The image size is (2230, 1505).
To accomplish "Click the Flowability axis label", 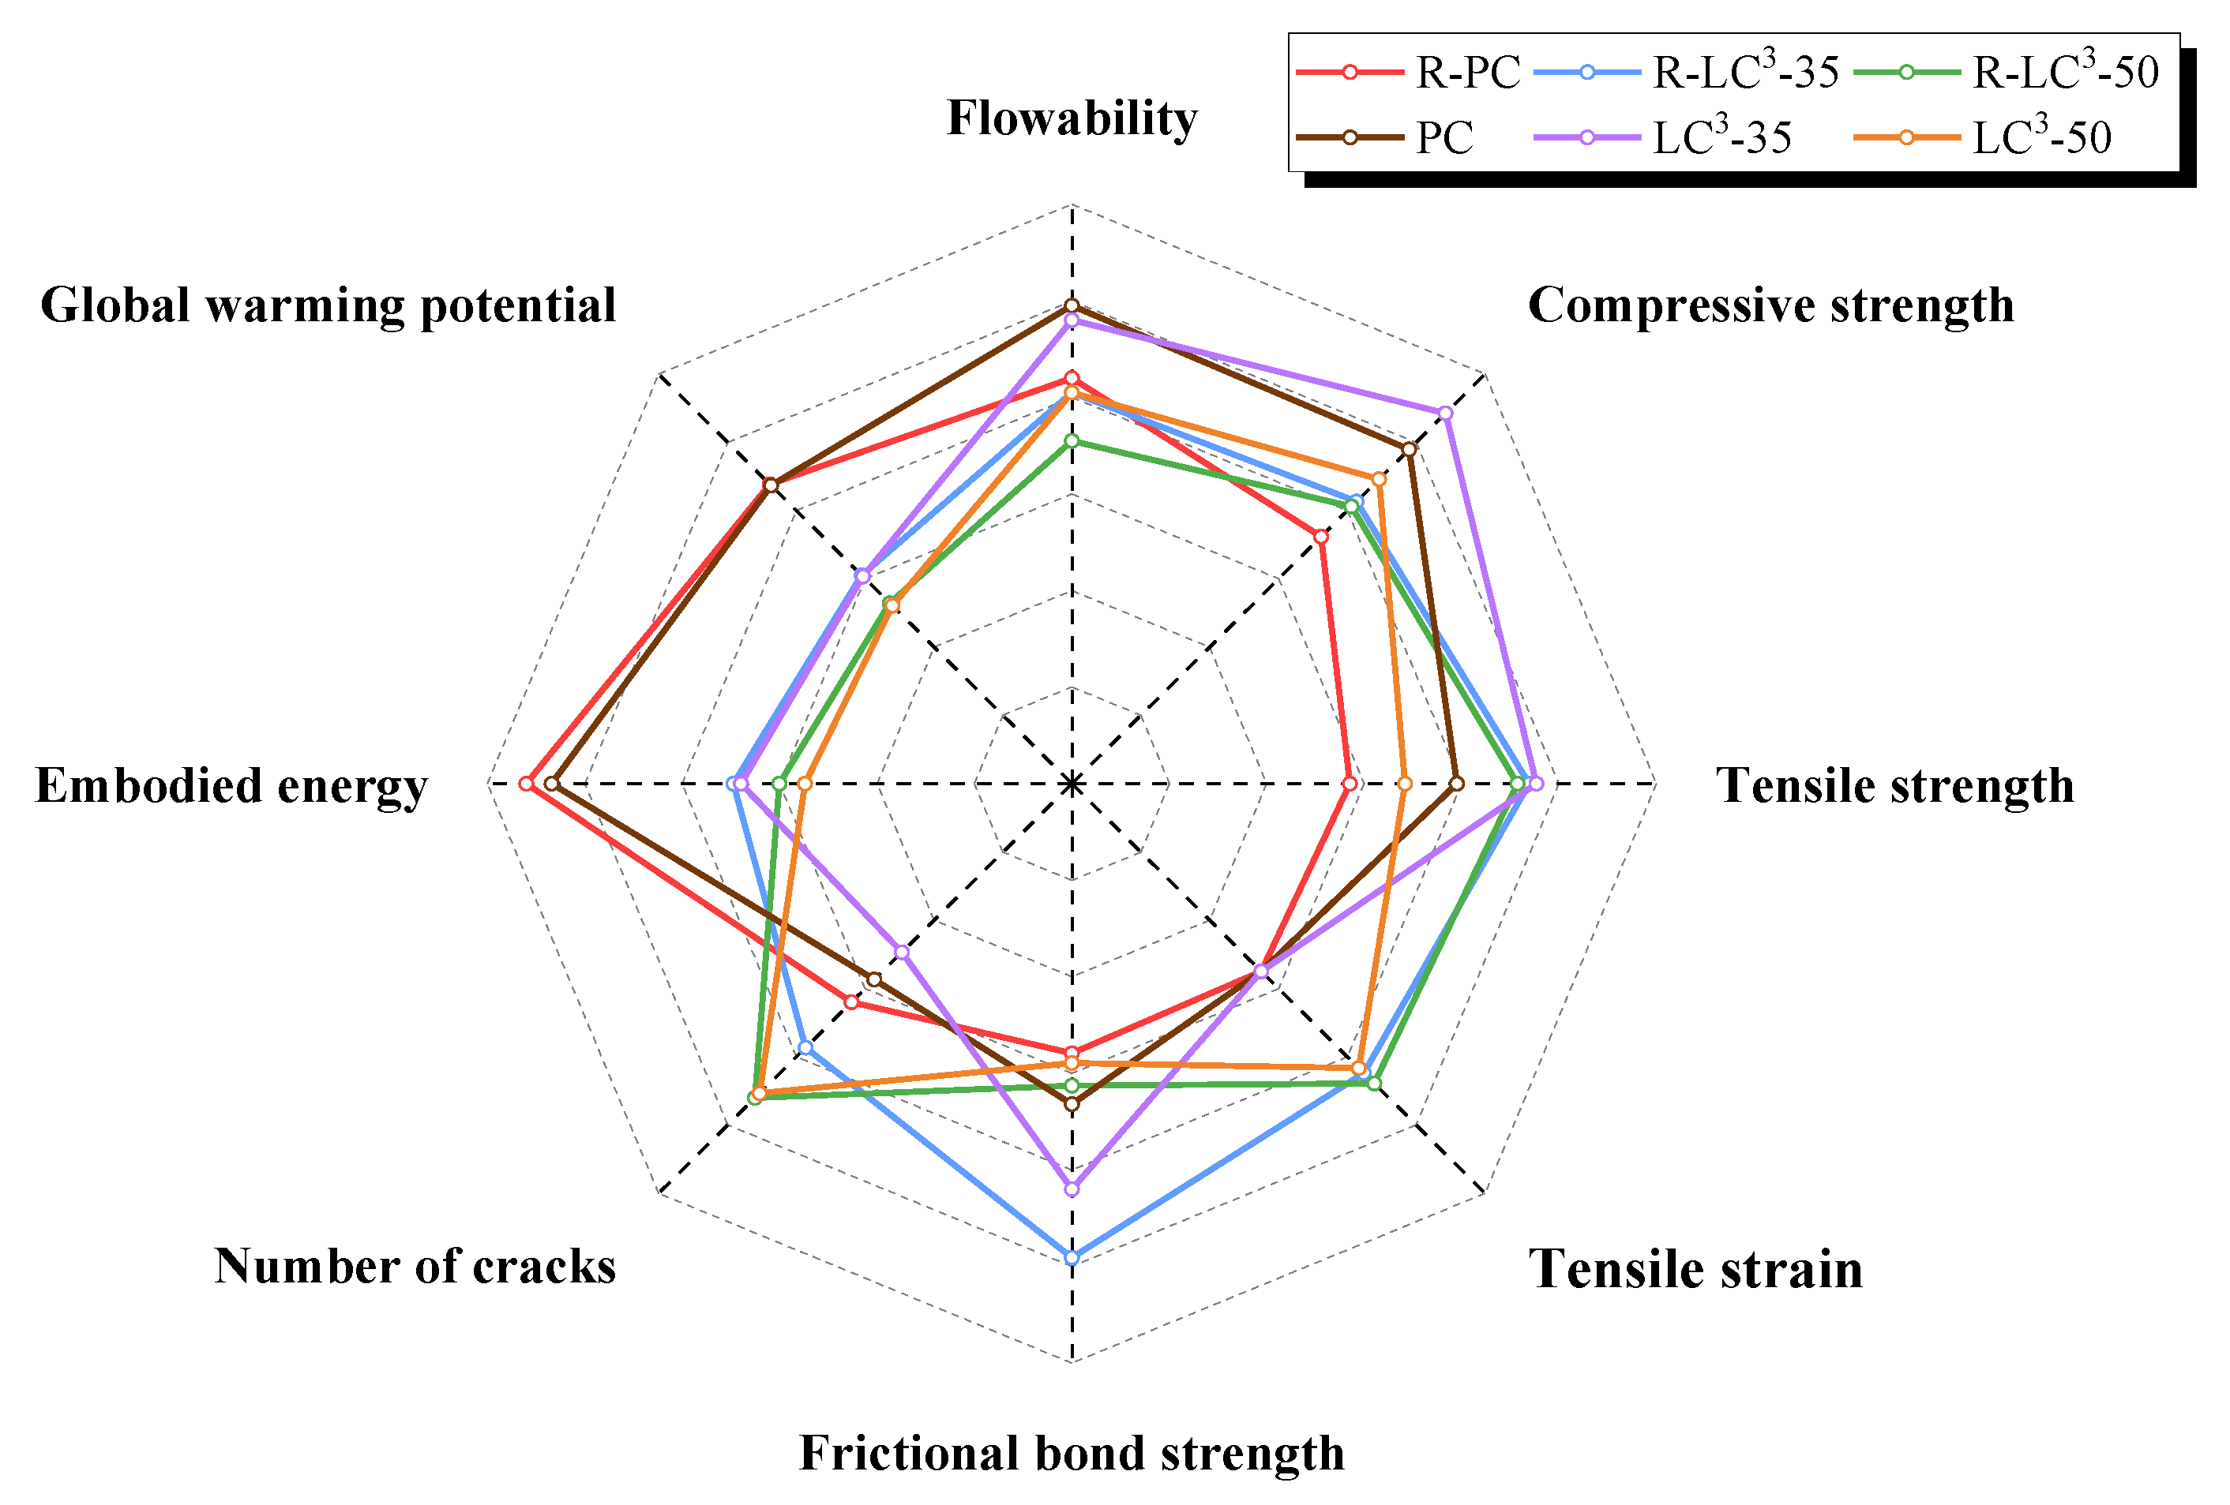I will [x=1072, y=119].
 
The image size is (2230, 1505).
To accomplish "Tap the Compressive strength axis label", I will [x=1770, y=306].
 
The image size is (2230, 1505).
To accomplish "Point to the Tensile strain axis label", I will [x=1695, y=1269].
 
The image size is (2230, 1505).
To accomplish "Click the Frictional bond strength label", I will [x=1072, y=1452].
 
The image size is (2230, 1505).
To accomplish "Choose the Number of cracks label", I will [x=415, y=1266].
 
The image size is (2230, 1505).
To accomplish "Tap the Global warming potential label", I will [x=328, y=306].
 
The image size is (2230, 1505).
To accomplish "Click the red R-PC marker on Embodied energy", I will [x=526, y=784].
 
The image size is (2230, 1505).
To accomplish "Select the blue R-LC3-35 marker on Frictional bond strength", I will [x=1072, y=1257].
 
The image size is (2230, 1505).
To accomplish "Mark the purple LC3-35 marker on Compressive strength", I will [x=1445, y=414].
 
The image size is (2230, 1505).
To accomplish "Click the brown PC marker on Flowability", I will [x=1072, y=306].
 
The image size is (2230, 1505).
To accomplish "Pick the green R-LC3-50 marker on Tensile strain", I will [x=1374, y=1083].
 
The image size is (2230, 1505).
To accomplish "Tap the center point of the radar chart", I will [x=1072, y=784].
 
